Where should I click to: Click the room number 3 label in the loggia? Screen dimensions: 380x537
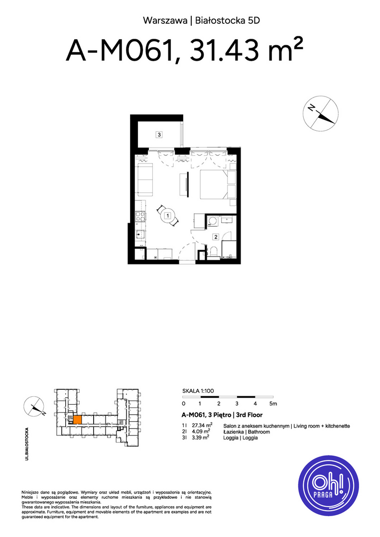click(x=159, y=135)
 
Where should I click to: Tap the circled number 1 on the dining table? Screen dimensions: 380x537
click(x=168, y=216)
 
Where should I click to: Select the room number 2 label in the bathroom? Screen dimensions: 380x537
click(x=216, y=237)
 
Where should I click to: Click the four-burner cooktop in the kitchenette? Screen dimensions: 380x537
click(x=140, y=217)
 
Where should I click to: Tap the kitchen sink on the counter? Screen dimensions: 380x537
click(x=140, y=235)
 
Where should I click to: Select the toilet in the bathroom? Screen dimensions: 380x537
click(x=214, y=251)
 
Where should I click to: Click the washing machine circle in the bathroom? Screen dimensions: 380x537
click(x=213, y=221)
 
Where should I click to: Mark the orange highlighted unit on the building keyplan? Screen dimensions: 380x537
click(x=77, y=420)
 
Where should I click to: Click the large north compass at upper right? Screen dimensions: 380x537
click(x=320, y=114)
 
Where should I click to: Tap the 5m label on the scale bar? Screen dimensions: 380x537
click(x=273, y=404)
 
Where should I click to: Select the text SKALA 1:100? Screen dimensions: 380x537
click(x=198, y=391)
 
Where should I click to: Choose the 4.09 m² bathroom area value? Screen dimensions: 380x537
click(x=201, y=432)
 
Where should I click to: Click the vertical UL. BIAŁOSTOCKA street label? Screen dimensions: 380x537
click(x=27, y=444)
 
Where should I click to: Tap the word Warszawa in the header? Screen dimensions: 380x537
click(x=165, y=20)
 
